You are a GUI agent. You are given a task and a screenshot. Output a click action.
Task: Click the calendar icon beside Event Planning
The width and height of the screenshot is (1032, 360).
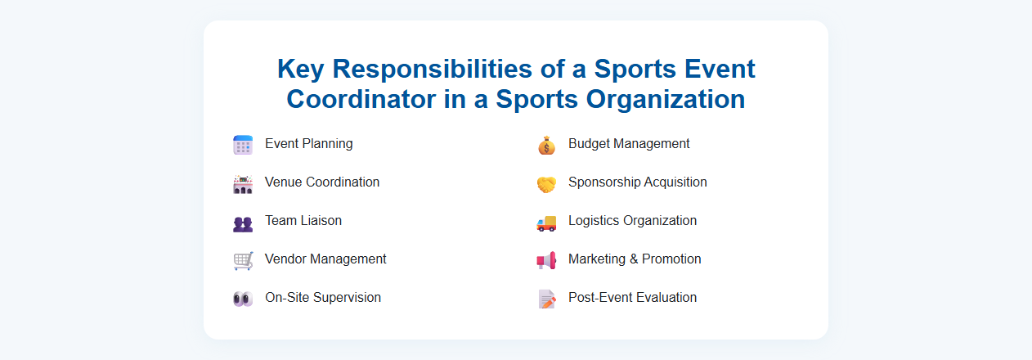243,145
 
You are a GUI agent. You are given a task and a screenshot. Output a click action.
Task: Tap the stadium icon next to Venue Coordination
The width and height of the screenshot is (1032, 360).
243,183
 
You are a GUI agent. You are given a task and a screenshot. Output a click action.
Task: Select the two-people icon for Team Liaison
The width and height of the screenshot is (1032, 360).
243,223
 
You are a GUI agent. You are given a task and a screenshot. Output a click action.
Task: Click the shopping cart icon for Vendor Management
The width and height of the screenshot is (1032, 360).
243,260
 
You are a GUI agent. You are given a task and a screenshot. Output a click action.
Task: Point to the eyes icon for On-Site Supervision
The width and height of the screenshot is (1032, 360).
243,299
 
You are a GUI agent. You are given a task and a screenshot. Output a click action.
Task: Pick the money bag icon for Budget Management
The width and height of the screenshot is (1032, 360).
546,145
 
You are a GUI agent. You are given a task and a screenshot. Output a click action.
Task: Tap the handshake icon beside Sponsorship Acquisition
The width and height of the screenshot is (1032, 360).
546,184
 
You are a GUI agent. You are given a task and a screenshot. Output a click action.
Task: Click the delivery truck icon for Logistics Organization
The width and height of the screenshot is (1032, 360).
546,222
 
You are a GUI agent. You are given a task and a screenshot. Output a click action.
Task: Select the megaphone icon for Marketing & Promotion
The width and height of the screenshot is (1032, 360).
546,260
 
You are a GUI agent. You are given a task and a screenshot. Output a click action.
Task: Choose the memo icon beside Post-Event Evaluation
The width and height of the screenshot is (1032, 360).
546,299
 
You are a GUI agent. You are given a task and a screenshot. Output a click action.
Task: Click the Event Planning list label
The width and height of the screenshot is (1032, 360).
309,144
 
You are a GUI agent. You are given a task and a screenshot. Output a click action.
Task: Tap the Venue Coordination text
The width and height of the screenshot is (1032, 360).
322,182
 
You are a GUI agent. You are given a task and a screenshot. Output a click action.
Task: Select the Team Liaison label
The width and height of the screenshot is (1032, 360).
303,221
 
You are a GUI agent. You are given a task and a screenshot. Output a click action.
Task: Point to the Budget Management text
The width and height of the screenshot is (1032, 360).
629,144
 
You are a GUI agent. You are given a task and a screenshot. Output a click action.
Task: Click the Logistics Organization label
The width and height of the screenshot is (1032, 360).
632,221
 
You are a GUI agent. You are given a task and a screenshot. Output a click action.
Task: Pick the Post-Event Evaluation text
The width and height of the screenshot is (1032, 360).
632,298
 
